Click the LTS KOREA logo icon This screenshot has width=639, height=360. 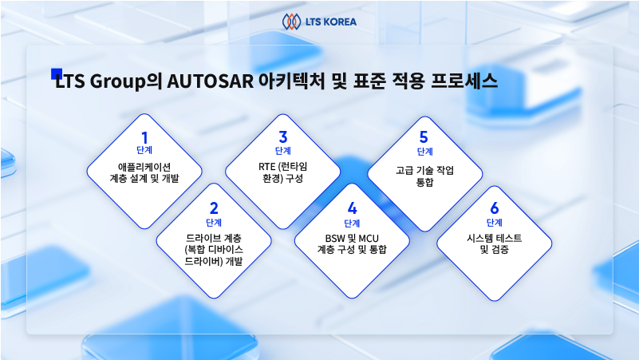pos(291,22)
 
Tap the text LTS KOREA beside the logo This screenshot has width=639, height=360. pos(330,22)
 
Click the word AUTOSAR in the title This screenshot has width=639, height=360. pos(210,81)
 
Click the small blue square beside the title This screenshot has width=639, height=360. pos(56,73)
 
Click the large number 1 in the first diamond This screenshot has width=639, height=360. pos(144,138)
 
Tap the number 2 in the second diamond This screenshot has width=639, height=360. pos(214,209)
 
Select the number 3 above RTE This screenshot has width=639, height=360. pos(283,137)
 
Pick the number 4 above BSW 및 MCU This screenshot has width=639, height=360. pos(352,209)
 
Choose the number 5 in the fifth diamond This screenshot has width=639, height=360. pos(424,137)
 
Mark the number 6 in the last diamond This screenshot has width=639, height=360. pos(495,208)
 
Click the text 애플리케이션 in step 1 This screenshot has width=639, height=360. pos(144,167)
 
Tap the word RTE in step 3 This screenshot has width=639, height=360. pos(267,167)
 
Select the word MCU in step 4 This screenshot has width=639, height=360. pos(369,239)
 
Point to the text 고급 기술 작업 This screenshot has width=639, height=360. pos(424,170)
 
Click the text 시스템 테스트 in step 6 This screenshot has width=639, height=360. pos(495,238)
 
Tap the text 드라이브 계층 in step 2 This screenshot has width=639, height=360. pos(214,238)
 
